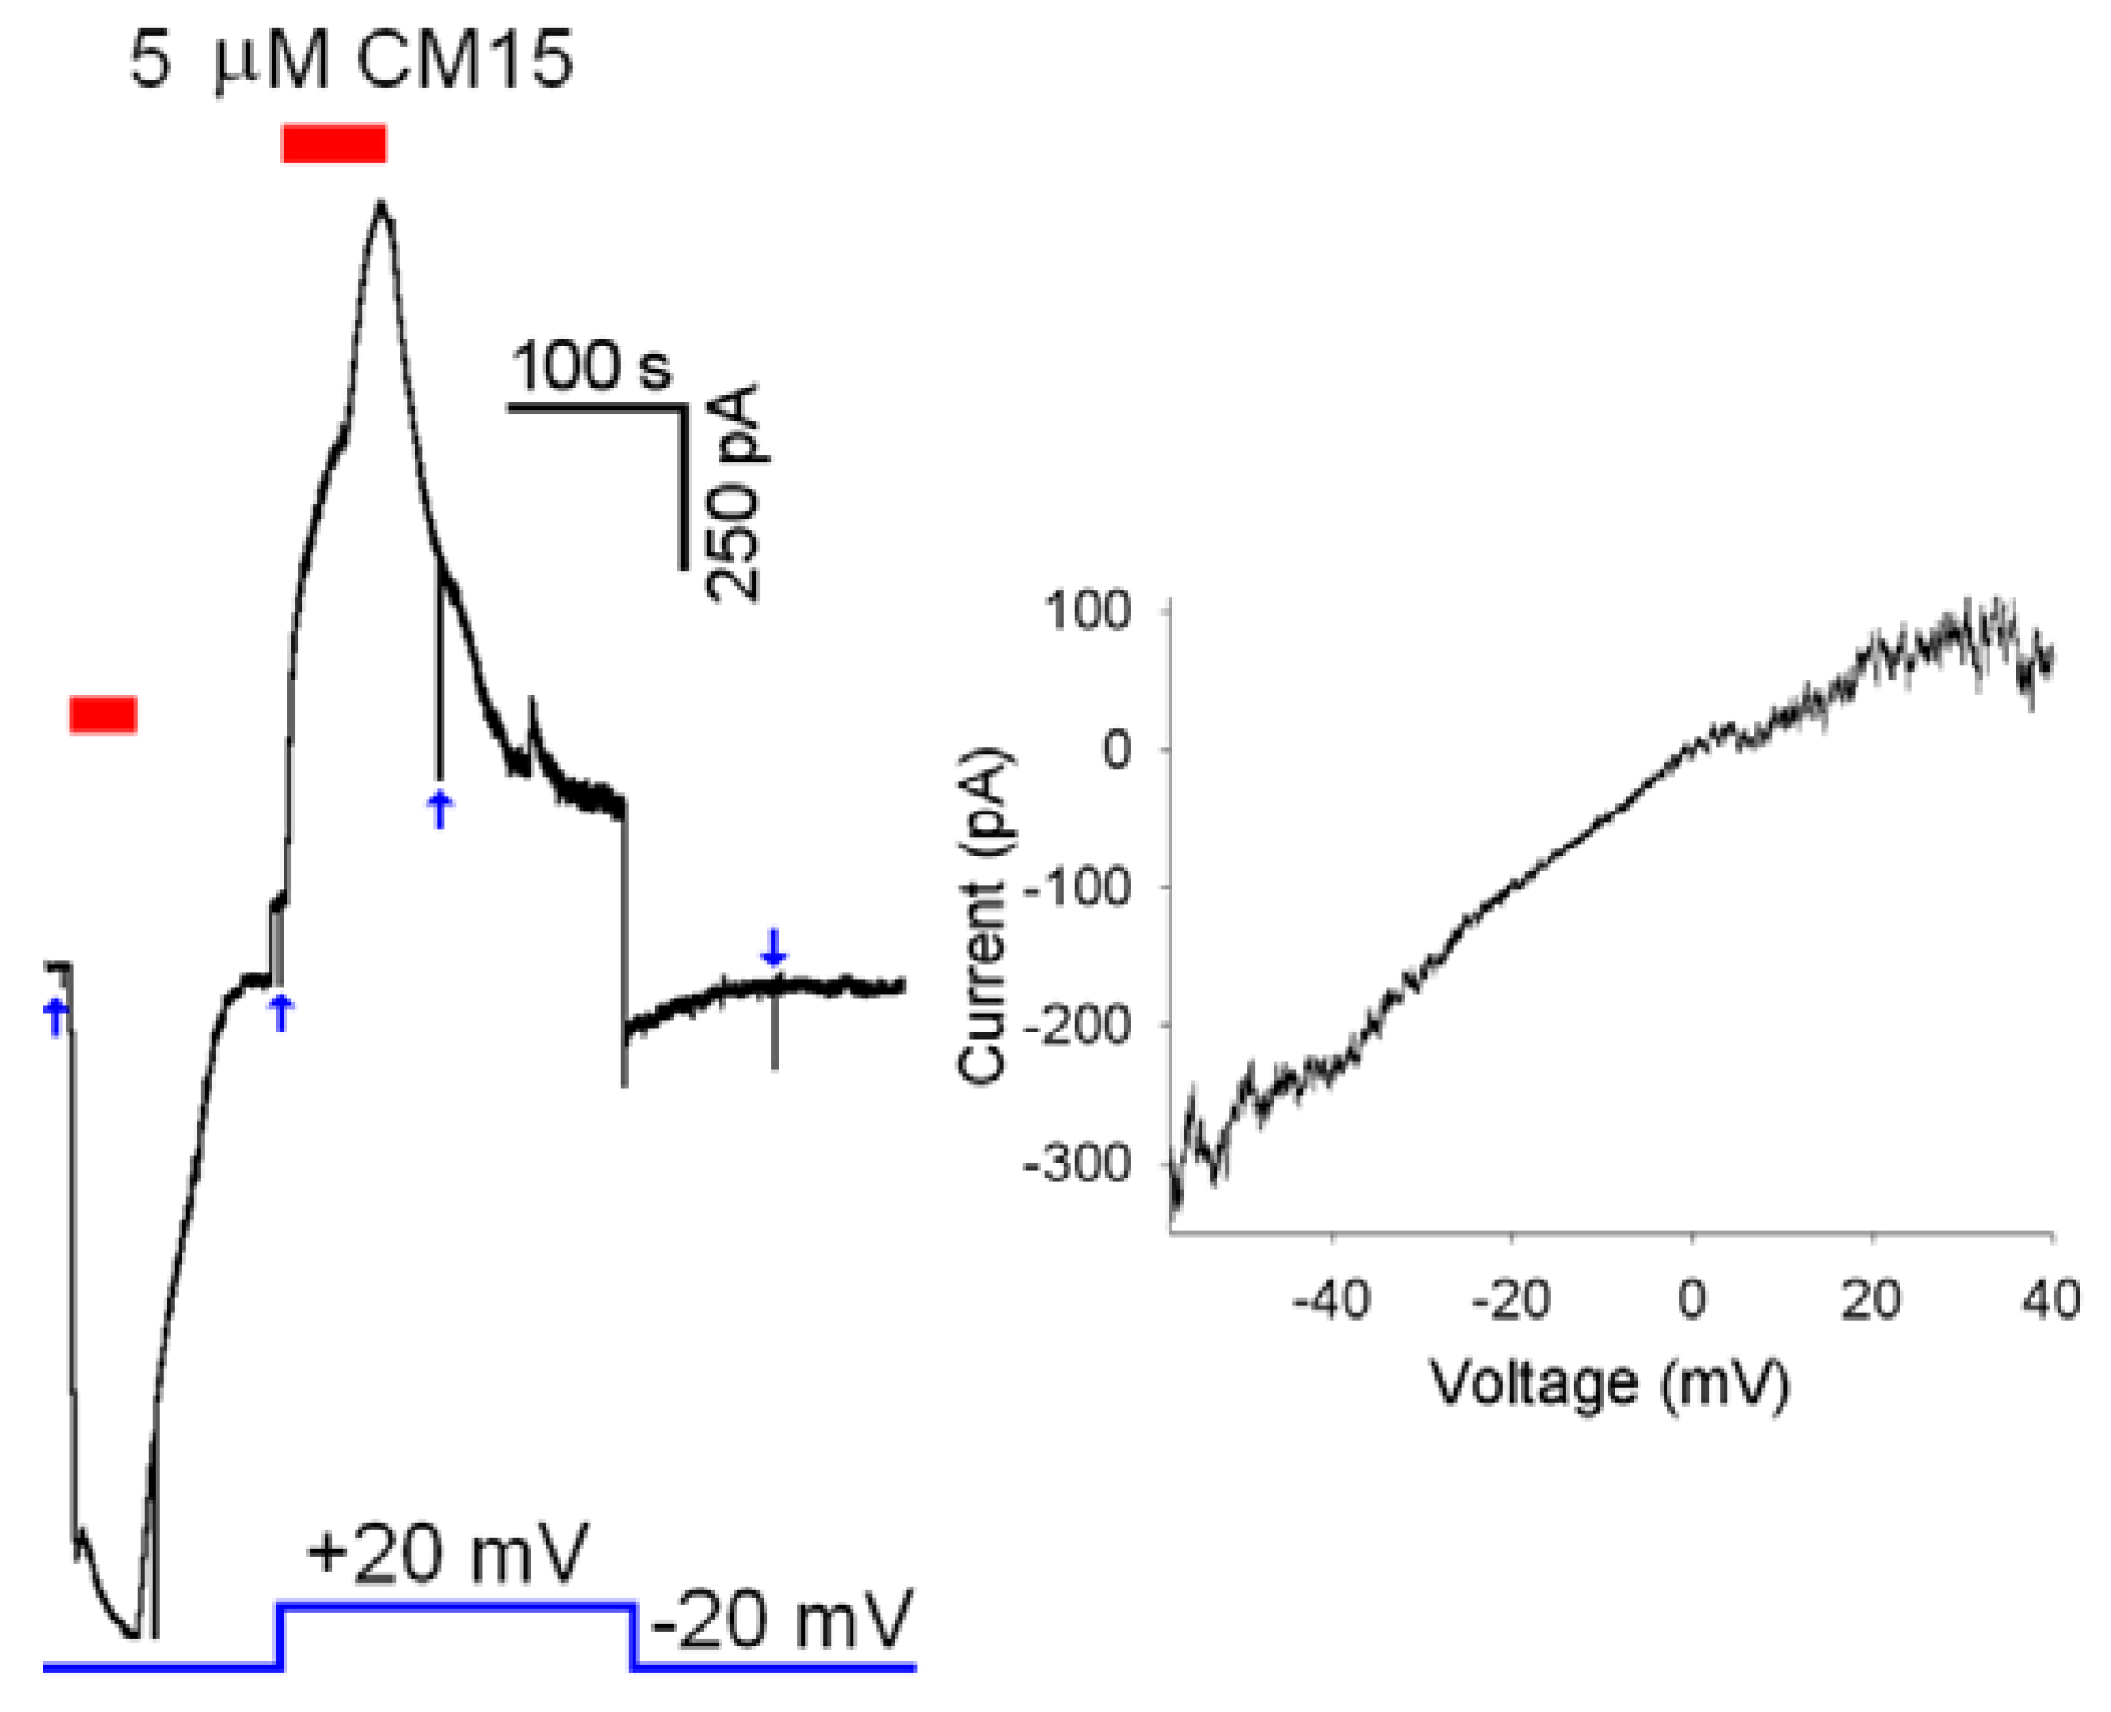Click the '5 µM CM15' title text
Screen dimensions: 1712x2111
click(350, 61)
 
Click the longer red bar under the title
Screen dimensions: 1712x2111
click(333, 144)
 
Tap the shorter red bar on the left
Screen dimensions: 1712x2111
click(103, 715)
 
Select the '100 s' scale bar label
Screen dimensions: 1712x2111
click(590, 366)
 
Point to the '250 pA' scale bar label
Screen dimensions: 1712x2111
click(735, 493)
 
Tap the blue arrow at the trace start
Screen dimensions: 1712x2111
click(56, 1017)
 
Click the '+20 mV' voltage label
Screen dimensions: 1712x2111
click(445, 1553)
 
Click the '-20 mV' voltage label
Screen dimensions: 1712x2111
click(782, 1620)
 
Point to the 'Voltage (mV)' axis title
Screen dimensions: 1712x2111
click(1609, 1383)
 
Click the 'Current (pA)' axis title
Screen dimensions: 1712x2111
click(984, 916)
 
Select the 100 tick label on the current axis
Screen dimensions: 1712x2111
click(1101, 611)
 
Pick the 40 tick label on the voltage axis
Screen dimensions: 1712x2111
click(2051, 1300)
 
